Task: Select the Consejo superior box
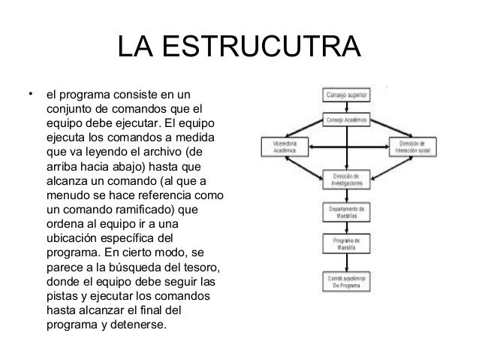pyautogui.click(x=346, y=95)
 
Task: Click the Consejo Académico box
pyautogui.click(x=346, y=120)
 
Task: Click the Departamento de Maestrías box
pyautogui.click(x=346, y=211)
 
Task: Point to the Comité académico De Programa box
pyautogui.click(x=346, y=281)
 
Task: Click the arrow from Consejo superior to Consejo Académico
pyautogui.click(x=346, y=107)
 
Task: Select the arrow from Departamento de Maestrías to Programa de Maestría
pyautogui.click(x=346, y=227)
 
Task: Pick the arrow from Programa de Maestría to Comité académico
pyautogui.click(x=346, y=262)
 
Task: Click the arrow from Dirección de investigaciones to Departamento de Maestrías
pyautogui.click(x=346, y=196)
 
